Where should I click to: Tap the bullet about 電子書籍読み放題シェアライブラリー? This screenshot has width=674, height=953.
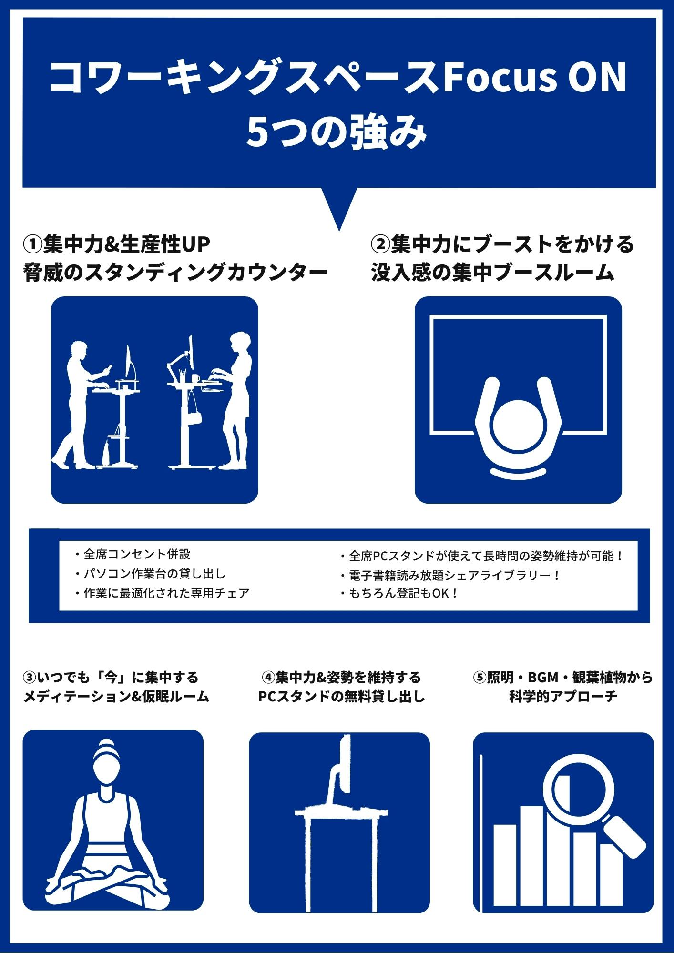tap(450, 575)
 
